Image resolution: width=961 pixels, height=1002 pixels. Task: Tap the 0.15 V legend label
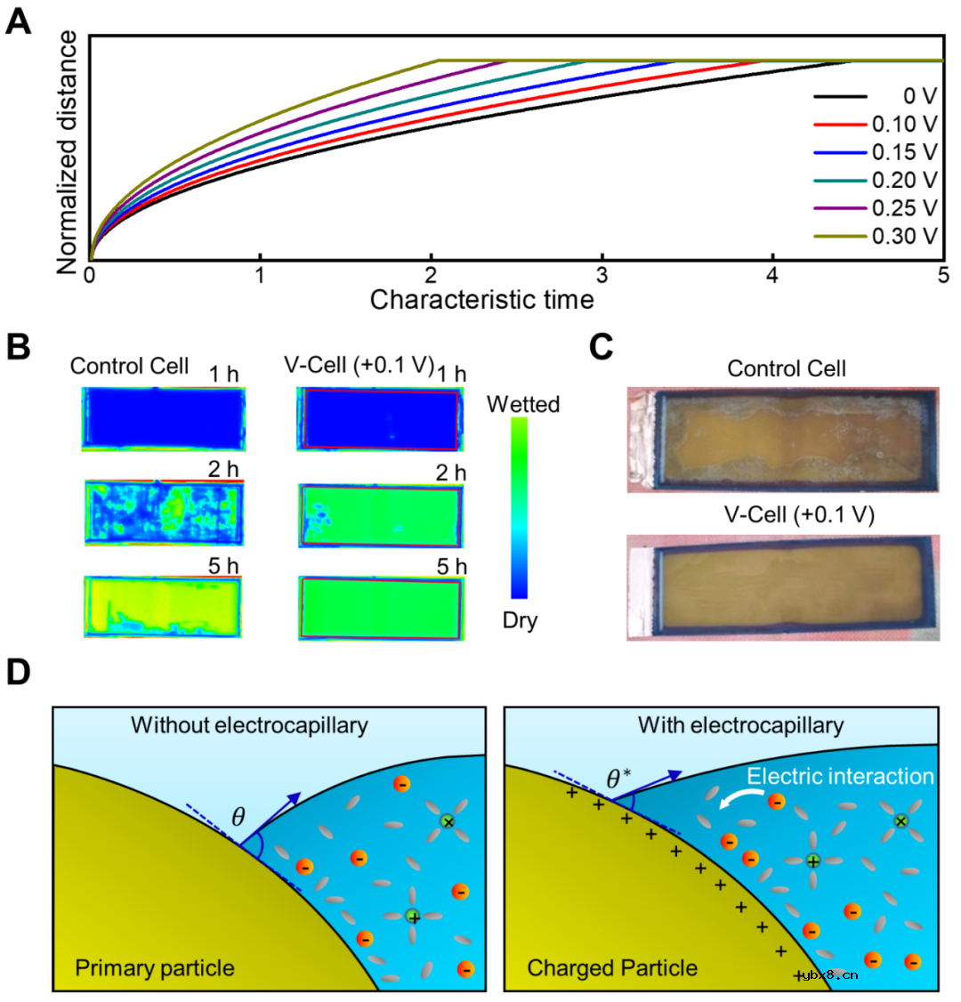(x=904, y=152)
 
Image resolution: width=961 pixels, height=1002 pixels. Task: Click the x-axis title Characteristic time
(x=481, y=300)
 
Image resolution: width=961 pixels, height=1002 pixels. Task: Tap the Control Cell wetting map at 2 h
(x=164, y=513)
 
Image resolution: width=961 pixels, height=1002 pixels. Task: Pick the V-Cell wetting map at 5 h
(x=381, y=608)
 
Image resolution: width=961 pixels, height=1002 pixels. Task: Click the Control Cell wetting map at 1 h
(x=164, y=418)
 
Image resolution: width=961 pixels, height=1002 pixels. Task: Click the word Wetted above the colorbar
(x=523, y=405)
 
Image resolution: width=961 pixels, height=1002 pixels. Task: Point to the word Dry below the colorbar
(x=520, y=620)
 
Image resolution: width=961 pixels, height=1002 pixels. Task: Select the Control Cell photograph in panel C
(x=783, y=440)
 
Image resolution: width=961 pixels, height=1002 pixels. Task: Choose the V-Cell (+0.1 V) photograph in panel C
(x=783, y=586)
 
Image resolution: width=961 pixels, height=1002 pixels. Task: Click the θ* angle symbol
(x=618, y=780)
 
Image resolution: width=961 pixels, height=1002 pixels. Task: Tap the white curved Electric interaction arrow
(x=733, y=800)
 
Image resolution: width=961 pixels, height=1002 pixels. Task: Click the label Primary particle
(x=155, y=968)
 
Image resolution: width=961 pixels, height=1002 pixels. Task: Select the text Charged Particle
(x=612, y=968)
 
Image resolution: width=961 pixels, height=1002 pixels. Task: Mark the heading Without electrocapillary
(x=249, y=725)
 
